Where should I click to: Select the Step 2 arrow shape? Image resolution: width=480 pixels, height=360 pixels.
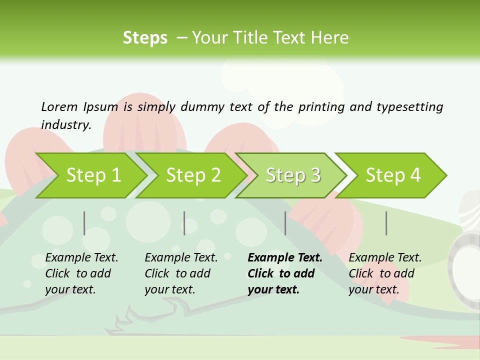[x=193, y=175]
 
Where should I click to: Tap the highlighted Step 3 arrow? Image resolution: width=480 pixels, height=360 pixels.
[x=293, y=175]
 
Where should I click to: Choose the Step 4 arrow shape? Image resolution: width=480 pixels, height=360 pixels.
[x=393, y=175]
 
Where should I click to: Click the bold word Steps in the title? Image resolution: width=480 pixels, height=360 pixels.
[x=145, y=38]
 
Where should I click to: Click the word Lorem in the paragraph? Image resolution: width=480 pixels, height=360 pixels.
[x=59, y=106]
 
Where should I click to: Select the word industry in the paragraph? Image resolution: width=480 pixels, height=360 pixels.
[x=65, y=125]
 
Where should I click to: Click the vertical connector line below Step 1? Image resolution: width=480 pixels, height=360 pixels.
[x=84, y=223]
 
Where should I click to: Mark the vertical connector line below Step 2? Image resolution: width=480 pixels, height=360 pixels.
[x=184, y=223]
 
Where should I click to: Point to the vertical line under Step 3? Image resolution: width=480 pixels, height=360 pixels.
[x=285, y=223]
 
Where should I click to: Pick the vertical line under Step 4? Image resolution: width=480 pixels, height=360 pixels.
[x=386, y=223]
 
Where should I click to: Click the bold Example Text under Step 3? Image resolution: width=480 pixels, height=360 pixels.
[x=285, y=258]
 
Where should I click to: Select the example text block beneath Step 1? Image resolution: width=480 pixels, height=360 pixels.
[x=81, y=273]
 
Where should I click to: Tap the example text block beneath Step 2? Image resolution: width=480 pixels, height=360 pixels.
[x=181, y=273]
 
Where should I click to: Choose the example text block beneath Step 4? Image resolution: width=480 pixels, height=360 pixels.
[x=385, y=273]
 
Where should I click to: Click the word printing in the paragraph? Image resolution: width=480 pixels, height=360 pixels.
[x=319, y=107]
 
